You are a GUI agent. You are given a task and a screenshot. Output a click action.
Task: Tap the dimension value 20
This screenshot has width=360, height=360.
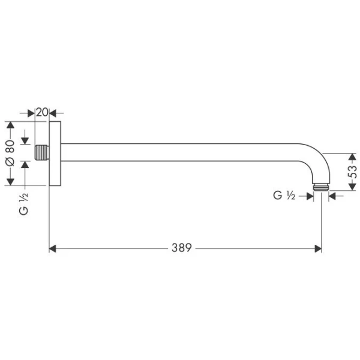click(x=42, y=112)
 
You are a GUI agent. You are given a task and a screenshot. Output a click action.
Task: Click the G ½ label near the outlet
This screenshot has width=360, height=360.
click(x=283, y=195)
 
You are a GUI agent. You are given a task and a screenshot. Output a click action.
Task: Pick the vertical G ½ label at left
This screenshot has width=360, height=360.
click(x=24, y=203)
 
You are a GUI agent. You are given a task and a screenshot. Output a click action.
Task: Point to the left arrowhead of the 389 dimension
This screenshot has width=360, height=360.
click(x=52, y=248)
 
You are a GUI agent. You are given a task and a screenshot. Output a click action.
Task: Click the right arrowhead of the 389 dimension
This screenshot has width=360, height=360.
click(x=318, y=248)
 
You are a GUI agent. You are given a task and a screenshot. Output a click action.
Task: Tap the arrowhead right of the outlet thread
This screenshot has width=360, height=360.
click(x=332, y=193)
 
